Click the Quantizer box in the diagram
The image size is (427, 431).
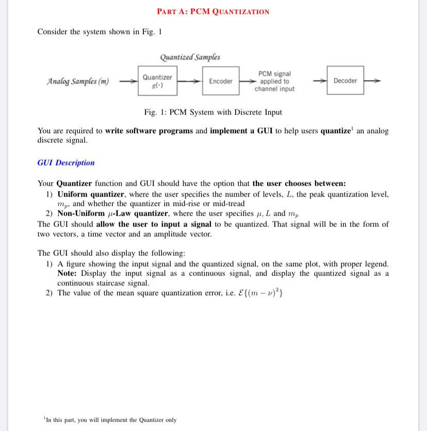pyautogui.click(x=157, y=81)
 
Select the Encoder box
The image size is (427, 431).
pyautogui.click(x=221, y=81)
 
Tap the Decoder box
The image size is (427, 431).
pyautogui.click(x=345, y=81)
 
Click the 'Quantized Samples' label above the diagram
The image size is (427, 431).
pyautogui.click(x=190, y=57)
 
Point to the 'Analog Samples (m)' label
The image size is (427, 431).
pyautogui.click(x=78, y=81)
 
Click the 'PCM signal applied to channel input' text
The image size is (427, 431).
pyautogui.click(x=274, y=82)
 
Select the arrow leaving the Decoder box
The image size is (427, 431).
pyautogui.click(x=373, y=81)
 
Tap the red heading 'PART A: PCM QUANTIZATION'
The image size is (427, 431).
pyautogui.click(x=213, y=11)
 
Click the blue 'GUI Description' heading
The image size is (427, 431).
pyautogui.click(x=66, y=163)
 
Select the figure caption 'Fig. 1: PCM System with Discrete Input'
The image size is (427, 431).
pyautogui.click(x=213, y=112)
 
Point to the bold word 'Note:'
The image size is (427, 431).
pyautogui.click(x=67, y=273)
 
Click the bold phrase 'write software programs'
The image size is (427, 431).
pyautogui.click(x=149, y=131)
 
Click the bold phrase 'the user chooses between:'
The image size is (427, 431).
pyautogui.click(x=299, y=184)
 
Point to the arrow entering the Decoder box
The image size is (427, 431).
pyautogui.click(x=320, y=81)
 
